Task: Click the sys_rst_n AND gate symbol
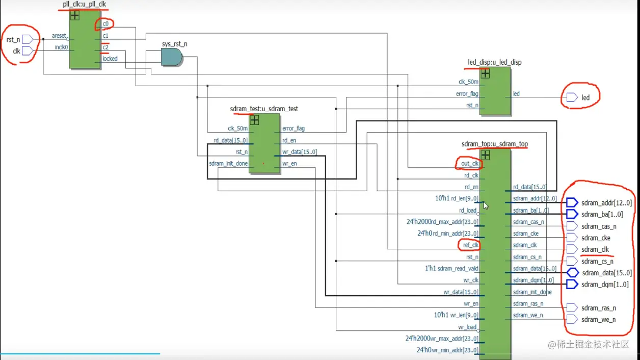pos(172,57)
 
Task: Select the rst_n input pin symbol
pos(28,39)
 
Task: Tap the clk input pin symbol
pos(28,51)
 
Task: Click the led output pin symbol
pos(572,97)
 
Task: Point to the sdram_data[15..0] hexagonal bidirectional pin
pos(573,272)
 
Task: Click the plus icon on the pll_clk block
pos(75,15)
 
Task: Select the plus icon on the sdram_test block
pos(254,120)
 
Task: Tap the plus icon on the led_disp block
pos(485,74)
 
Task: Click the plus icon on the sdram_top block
pos(485,155)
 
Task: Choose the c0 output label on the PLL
pos(105,24)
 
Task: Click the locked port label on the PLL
pos(110,59)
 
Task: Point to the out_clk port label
pos(470,163)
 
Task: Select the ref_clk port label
pos(470,245)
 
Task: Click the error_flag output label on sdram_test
pos(294,128)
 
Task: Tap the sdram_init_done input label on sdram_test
pos(228,163)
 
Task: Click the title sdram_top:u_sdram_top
pos(495,144)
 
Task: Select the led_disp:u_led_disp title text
pos(495,62)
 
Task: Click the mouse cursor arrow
pos(486,205)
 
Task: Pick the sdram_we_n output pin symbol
pos(572,319)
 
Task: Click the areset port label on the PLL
pos(59,36)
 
